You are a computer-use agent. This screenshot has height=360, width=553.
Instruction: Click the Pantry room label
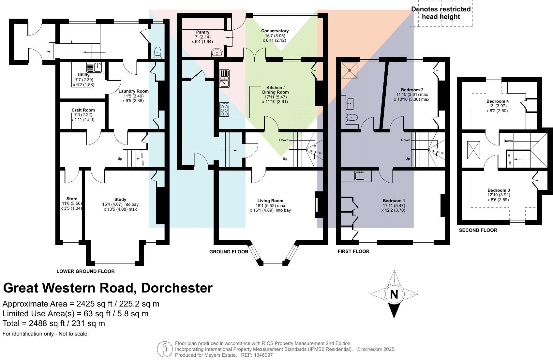[203, 32]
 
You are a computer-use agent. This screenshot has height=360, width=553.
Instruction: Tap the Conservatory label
[275, 31]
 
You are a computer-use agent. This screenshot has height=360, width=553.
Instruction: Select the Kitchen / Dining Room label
[275, 90]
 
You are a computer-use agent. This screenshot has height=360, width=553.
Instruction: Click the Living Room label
[270, 201]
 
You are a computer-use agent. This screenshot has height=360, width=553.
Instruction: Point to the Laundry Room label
[133, 91]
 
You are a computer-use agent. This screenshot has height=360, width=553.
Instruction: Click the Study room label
[120, 199]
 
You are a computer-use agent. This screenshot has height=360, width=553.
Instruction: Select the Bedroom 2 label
[412, 90]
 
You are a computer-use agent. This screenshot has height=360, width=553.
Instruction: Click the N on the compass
[394, 294]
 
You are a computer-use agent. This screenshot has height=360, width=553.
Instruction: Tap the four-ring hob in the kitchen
[224, 109]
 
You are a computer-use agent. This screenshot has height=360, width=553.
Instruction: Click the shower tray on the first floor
[350, 70]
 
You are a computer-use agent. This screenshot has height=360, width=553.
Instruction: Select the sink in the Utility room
[94, 67]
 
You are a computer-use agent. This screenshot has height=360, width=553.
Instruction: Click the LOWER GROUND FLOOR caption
[85, 271]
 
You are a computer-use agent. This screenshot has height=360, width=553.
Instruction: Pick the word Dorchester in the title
[177, 288]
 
